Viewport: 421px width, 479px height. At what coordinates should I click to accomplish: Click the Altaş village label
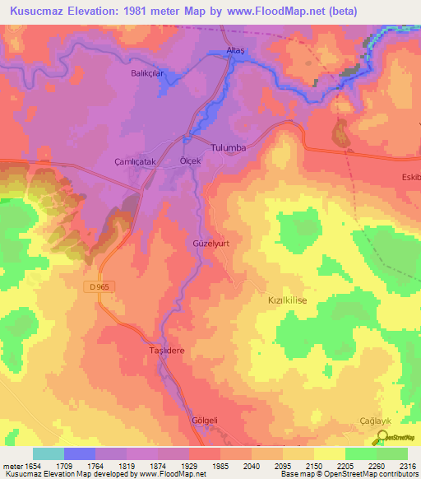click(237, 52)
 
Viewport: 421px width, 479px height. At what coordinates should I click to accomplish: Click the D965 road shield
click(99, 286)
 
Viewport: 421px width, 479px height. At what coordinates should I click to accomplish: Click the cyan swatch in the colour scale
click(48, 453)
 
